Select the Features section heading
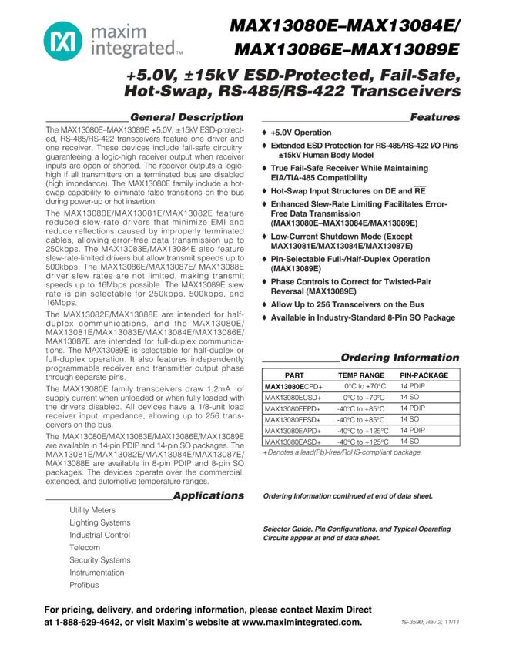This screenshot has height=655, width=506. pyautogui.click(x=435, y=117)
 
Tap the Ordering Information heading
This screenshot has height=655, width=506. pyautogui.click(x=400, y=358)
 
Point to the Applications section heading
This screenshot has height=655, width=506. pyautogui.click(x=209, y=495)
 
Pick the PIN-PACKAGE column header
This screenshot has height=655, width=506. pyautogui.click(x=424, y=375)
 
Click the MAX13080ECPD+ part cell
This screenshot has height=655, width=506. pyautogui.click(x=293, y=386)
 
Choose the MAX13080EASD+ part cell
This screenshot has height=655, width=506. pyautogui.click(x=293, y=442)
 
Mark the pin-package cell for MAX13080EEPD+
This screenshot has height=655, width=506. pyautogui.click(x=412, y=408)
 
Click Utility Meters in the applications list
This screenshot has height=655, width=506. pyautogui.click(x=92, y=510)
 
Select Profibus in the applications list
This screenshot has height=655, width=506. pyautogui.click(x=84, y=585)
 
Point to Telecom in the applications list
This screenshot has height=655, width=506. pyautogui.click(x=85, y=547)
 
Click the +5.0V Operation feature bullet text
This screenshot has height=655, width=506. pyautogui.click(x=301, y=133)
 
